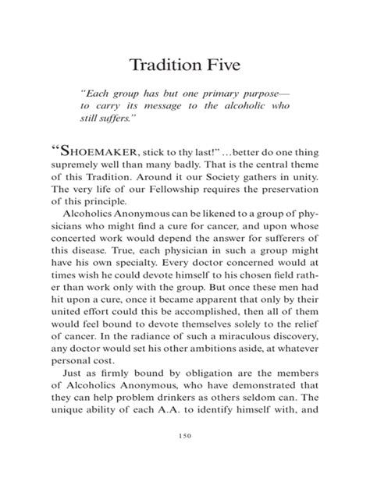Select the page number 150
click(x=185, y=457)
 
